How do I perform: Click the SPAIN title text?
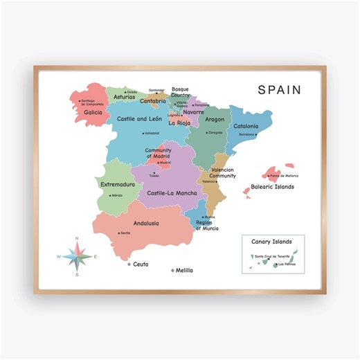pyautogui.click(x=280, y=89)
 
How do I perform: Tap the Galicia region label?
pyautogui.click(x=93, y=111)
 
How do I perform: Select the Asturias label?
pyautogui.click(x=124, y=98)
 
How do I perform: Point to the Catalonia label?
pyautogui.click(x=246, y=126)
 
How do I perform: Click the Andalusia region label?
pyautogui.click(x=146, y=223)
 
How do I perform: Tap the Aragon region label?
pyautogui.click(x=215, y=119)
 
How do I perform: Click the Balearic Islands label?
pyautogui.click(x=273, y=186)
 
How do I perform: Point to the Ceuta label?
pyautogui.click(x=141, y=264)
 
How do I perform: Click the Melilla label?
pyautogui.click(x=184, y=270)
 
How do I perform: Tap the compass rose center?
pyautogui.click(x=77, y=257)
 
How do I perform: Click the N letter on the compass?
pyautogui.click(x=77, y=239)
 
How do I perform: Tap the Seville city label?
pyautogui.click(x=125, y=233)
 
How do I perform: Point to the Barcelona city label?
pyautogui.click(x=247, y=134)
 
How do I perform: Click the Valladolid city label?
pyautogui.click(x=152, y=133)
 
